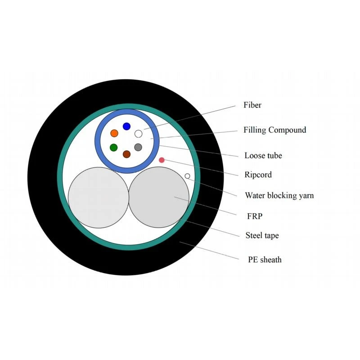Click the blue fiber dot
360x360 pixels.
(x=126, y=126)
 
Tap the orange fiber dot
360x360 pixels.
(x=114, y=133)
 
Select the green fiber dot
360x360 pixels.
(x=114, y=148)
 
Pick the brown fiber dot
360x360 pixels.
(x=126, y=154)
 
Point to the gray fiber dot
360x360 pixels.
(x=138, y=147)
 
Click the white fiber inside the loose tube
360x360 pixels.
(x=138, y=134)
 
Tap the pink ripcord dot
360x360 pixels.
(x=162, y=160)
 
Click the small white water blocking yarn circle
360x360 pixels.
(x=187, y=176)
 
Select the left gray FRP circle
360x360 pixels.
(x=99, y=198)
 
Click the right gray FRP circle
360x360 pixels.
(x=159, y=197)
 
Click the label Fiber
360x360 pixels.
(x=252, y=105)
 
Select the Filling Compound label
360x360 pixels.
(x=275, y=130)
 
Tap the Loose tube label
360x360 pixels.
(x=263, y=155)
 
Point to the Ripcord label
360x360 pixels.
(x=258, y=175)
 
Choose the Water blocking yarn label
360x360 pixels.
(x=279, y=196)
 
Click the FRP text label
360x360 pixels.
(x=255, y=216)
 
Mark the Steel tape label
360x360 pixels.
(x=262, y=235)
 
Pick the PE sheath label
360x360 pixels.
(x=265, y=260)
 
